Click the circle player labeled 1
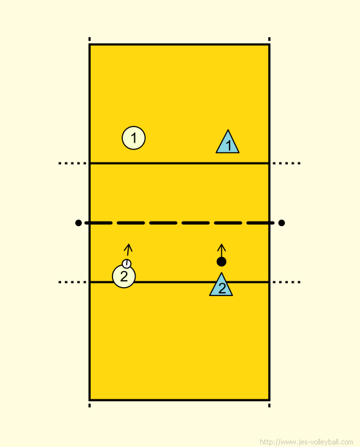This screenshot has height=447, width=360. [x=134, y=138]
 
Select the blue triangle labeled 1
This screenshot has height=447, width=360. [x=228, y=143]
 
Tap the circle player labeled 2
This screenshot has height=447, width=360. [x=124, y=276]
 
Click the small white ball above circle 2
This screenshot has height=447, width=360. [x=127, y=264]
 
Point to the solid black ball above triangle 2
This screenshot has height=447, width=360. [x=221, y=261]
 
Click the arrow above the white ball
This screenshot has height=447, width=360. [x=128, y=250]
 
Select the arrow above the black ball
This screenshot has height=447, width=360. [x=221, y=250]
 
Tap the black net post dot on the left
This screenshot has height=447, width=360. [x=78, y=223]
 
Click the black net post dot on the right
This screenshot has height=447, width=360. [x=282, y=223]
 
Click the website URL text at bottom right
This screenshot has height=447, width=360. [x=307, y=442]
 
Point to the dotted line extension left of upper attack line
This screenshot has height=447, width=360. [x=73, y=163]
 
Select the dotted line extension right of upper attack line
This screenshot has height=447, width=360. [x=287, y=163]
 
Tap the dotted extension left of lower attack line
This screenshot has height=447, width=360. [x=73, y=282]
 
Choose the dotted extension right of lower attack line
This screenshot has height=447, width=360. [x=287, y=282]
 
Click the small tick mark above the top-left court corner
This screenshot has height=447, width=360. [x=89, y=39]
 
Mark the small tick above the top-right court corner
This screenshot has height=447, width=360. [x=269, y=39]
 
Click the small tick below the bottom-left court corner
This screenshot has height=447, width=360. [x=89, y=405]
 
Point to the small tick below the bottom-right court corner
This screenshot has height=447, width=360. [x=269, y=405]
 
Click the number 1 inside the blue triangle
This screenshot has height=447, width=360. [x=228, y=146]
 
